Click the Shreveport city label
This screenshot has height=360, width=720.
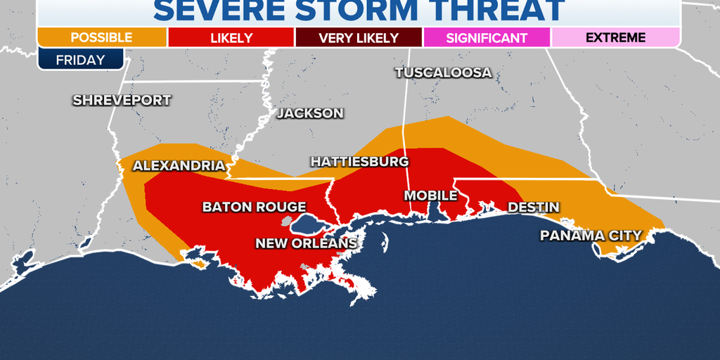point(122,101)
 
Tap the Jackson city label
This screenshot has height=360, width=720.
point(310,113)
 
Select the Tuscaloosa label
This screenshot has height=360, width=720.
point(443,73)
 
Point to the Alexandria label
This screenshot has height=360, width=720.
point(179,166)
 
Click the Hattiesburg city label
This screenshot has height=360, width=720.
point(359,162)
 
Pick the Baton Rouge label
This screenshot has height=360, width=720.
point(254,207)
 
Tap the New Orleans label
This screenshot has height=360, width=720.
point(306,243)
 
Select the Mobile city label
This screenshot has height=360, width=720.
point(430,195)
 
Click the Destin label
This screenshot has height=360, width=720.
point(534,207)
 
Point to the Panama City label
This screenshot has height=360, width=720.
point(591,236)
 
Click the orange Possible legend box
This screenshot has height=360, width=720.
point(102,38)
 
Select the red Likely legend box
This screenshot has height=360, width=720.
point(231,38)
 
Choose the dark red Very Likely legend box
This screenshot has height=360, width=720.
point(359,38)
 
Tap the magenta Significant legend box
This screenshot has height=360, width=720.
point(487,38)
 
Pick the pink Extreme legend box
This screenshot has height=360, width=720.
point(615,38)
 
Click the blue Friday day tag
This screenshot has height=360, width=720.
point(80,60)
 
